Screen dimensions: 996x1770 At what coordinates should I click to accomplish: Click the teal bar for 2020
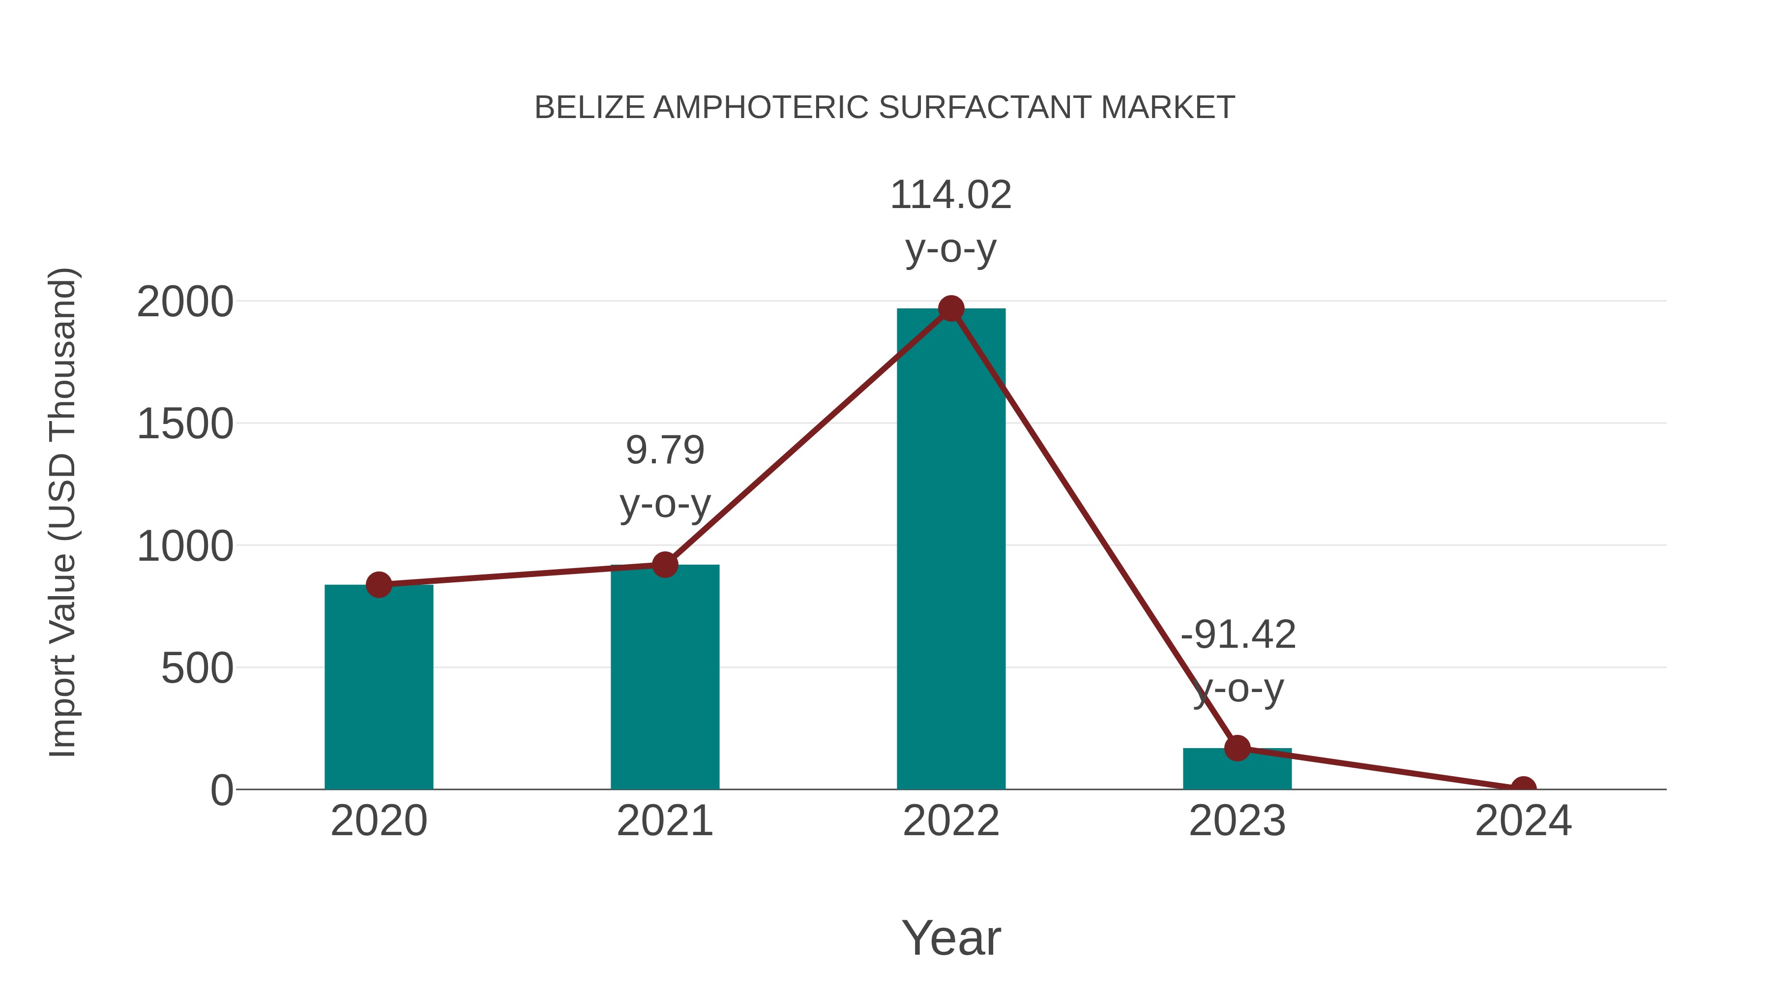[379, 688]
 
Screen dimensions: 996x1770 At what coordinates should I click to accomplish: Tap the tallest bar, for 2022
[951, 550]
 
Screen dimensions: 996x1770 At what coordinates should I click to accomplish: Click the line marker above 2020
[379, 585]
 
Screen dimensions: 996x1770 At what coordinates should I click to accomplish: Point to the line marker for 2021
[664, 565]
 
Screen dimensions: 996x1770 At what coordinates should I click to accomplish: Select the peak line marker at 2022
[951, 308]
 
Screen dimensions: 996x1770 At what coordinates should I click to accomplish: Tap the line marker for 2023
[1237, 748]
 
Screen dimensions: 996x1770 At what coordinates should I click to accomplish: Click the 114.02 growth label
[951, 195]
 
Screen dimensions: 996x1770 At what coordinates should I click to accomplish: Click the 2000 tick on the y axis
[185, 302]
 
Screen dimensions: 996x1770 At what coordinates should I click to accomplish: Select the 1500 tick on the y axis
[185, 424]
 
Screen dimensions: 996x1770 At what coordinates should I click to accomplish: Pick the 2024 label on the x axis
[1523, 821]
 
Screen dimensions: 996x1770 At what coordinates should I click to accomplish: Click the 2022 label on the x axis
[951, 821]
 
